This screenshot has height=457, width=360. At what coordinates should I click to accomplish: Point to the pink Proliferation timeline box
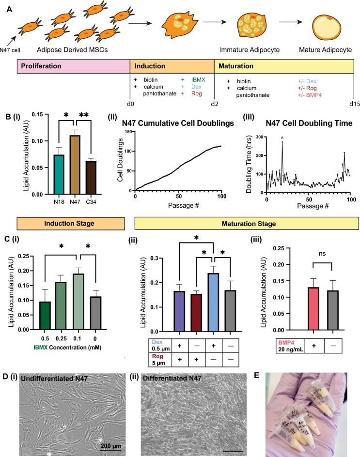pyautogui.click(x=73, y=65)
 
